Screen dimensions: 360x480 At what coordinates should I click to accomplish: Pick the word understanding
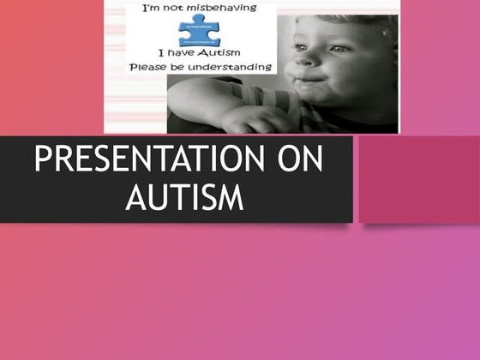[231, 67]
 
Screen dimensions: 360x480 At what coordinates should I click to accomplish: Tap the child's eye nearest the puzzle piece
[296, 47]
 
